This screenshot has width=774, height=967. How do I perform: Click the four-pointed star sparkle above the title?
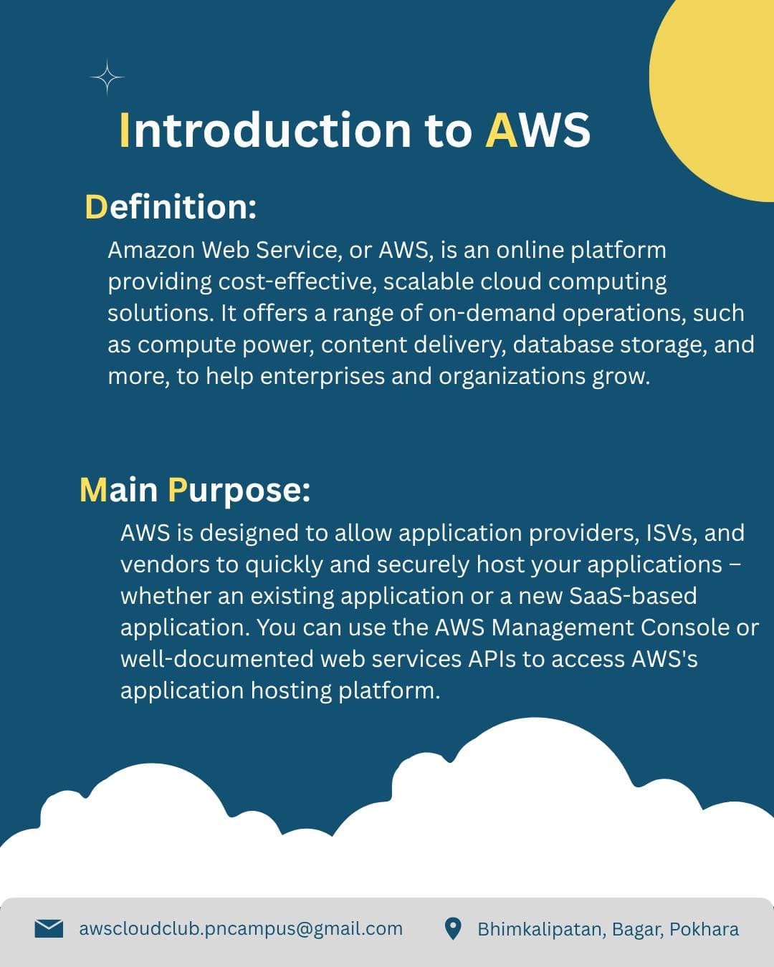[107, 77]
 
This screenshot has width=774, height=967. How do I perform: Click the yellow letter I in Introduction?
[125, 130]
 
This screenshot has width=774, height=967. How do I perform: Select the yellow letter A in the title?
[501, 130]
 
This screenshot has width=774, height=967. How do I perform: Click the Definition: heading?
[171, 207]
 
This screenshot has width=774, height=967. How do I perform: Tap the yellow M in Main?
[93, 490]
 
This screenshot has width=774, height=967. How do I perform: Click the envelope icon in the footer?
[49, 928]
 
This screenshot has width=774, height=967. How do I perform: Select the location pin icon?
[453, 929]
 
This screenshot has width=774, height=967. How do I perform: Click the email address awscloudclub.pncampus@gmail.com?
[241, 929]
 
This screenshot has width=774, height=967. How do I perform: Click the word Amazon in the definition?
[150, 250]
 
